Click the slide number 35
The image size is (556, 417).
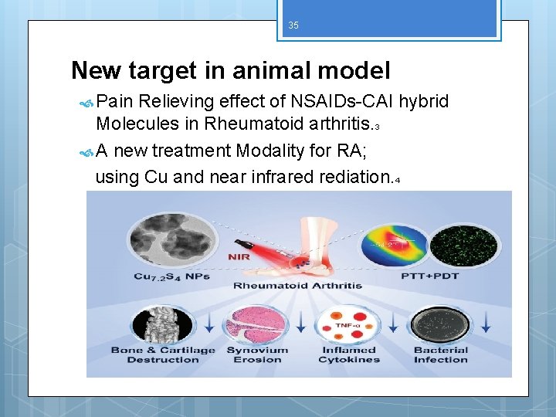tap(293, 25)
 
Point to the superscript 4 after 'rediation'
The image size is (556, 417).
tap(397, 181)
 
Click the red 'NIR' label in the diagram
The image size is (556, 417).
tap(239, 257)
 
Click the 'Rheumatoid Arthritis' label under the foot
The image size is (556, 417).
tap(298, 286)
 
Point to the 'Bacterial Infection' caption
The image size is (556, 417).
tap(440, 354)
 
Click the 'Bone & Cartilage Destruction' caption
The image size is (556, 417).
tap(162, 354)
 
